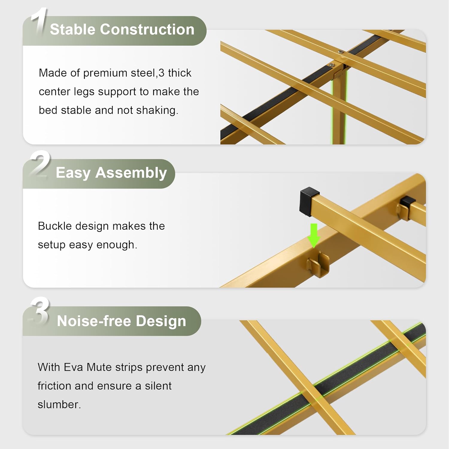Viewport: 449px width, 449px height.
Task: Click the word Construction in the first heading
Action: [x=147, y=29]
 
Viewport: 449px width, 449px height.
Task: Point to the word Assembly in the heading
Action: [x=131, y=173]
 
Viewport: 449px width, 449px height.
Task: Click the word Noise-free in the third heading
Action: [x=94, y=321]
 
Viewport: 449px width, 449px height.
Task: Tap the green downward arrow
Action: [x=314, y=236]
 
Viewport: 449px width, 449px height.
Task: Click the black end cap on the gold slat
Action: [x=309, y=201]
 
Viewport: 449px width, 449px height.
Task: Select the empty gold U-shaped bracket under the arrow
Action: [x=318, y=264]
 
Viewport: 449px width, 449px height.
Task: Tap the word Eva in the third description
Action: [x=73, y=367]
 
